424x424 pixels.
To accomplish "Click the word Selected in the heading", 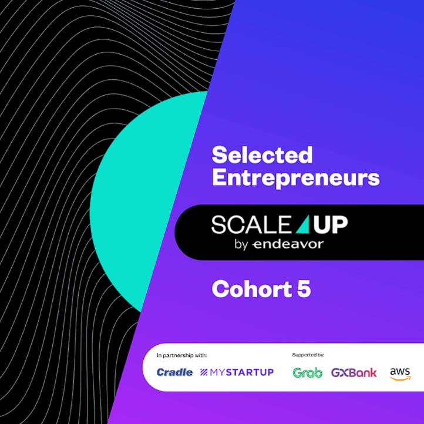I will pyautogui.click(x=262, y=156).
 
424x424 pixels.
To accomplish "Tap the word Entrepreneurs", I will pyautogui.click(x=295, y=178).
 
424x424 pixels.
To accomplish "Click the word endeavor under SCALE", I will pyautogui.click(x=288, y=244).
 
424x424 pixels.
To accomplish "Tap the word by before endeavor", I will pyautogui.click(x=241, y=244).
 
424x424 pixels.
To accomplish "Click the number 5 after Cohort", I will pyautogui.click(x=304, y=289).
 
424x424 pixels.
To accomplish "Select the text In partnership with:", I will pyautogui.click(x=181, y=355).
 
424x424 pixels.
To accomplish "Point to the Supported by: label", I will pyautogui.click(x=308, y=355).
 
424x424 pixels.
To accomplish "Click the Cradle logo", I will pyautogui.click(x=174, y=372).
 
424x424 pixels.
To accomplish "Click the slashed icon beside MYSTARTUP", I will pyautogui.click(x=204, y=372).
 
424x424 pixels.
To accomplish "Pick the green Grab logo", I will pyautogui.click(x=307, y=372).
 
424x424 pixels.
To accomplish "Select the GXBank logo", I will pyautogui.click(x=354, y=372).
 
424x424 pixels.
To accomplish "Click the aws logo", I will pyautogui.click(x=400, y=371).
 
